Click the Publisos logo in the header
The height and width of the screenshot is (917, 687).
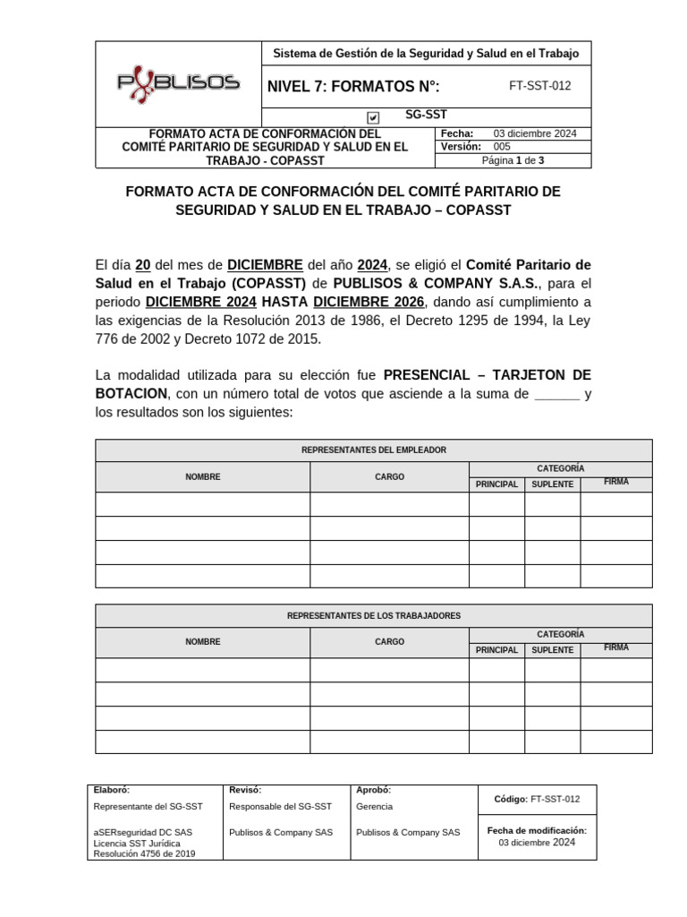(x=179, y=82)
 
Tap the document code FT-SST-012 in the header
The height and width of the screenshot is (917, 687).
(x=539, y=86)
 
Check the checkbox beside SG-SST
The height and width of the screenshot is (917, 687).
(x=373, y=117)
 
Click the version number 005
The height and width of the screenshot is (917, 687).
(x=502, y=146)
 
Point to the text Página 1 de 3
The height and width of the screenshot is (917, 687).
(x=513, y=160)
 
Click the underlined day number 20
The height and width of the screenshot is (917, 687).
(x=142, y=265)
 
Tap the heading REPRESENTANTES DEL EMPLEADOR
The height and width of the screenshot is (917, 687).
(x=374, y=450)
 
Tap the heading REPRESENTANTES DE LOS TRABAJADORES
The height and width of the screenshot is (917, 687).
(x=374, y=616)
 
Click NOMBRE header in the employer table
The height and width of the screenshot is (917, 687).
(x=203, y=477)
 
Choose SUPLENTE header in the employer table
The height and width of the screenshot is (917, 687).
(x=552, y=484)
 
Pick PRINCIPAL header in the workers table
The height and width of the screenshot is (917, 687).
(x=496, y=650)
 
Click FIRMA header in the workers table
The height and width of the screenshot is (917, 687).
(x=615, y=647)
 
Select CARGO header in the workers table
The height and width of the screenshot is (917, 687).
(x=389, y=642)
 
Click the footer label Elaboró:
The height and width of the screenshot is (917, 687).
(x=112, y=790)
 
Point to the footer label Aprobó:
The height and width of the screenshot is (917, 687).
(x=373, y=790)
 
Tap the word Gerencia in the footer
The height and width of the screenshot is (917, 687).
(x=374, y=807)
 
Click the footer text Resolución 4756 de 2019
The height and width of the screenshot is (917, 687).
(x=144, y=854)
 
